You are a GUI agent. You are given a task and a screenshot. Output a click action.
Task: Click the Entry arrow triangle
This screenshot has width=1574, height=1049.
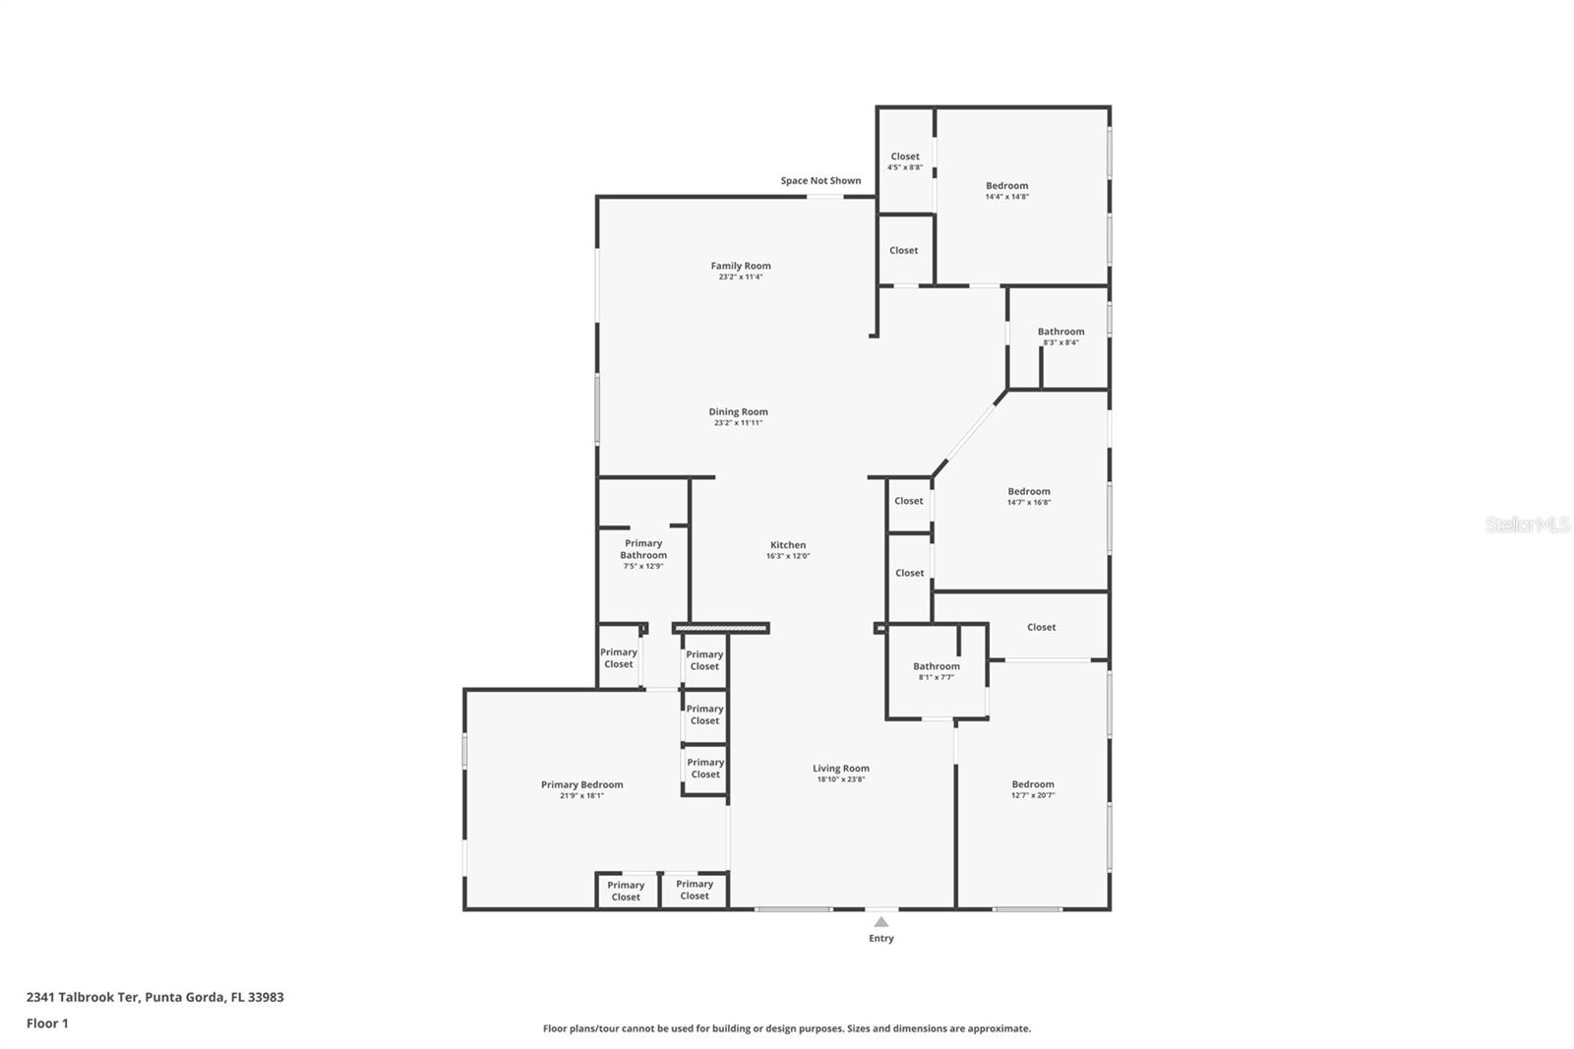[881, 922]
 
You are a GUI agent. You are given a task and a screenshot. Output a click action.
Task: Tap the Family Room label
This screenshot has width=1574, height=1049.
[741, 266]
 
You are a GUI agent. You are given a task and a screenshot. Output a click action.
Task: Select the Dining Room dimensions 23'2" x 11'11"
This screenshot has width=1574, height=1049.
[738, 423]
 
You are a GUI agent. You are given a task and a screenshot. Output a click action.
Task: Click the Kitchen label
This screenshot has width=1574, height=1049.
[788, 544]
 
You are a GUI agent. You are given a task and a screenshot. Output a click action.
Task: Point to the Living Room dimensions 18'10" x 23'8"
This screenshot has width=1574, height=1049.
[840, 779]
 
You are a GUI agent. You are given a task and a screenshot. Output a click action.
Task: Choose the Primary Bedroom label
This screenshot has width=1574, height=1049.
[581, 784]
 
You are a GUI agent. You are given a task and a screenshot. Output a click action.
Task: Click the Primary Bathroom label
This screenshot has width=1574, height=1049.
[643, 549]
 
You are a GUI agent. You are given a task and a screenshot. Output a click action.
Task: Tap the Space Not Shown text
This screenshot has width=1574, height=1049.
[820, 180]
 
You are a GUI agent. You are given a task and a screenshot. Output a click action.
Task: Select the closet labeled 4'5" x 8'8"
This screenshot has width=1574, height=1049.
[905, 161]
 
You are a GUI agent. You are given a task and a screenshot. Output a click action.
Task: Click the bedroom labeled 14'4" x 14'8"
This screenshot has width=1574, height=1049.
[1006, 190]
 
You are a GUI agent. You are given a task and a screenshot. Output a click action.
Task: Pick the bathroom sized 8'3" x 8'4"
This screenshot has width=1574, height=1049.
[1060, 337]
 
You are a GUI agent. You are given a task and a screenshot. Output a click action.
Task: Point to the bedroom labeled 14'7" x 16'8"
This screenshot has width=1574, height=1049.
[1028, 496]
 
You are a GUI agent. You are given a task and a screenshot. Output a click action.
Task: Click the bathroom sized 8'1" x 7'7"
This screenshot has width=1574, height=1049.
[936, 671]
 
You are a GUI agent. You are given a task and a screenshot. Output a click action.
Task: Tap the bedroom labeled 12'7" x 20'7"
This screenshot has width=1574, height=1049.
[1032, 789]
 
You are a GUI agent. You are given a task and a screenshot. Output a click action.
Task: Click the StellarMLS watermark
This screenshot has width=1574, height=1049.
[1527, 524]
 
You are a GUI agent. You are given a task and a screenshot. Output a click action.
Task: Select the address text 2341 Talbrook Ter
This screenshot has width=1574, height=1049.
[83, 997]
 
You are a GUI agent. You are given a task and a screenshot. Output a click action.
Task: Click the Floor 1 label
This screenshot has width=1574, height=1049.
[47, 1023]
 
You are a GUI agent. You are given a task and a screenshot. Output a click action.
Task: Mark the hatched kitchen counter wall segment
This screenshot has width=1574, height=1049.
[721, 628]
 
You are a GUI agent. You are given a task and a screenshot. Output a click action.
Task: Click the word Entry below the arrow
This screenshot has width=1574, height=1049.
[881, 939]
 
